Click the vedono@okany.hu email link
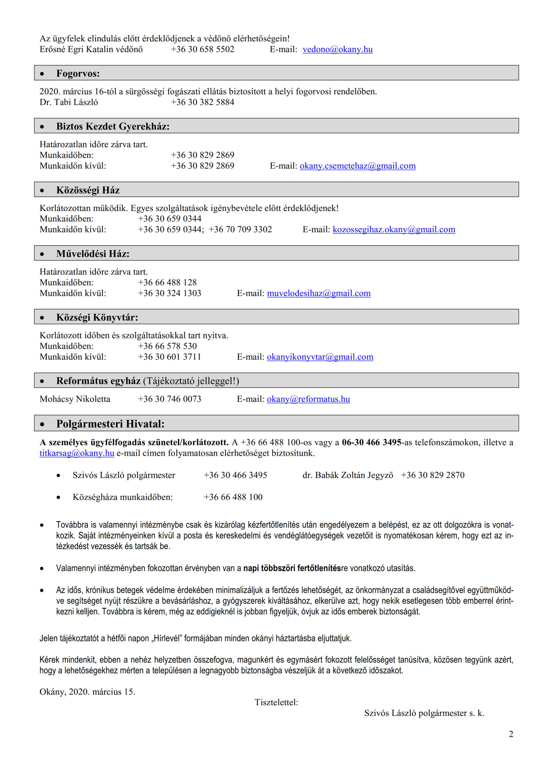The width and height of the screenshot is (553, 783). click(x=337, y=50)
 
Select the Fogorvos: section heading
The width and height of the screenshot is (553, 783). click(x=78, y=73)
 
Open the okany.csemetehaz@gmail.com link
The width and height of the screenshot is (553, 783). click(x=357, y=166)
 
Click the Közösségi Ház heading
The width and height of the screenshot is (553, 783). click(x=88, y=190)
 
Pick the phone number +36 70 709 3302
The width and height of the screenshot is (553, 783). click(x=240, y=229)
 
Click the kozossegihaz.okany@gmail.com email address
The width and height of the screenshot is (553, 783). click(x=394, y=229)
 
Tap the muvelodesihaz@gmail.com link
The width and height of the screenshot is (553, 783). click(x=319, y=293)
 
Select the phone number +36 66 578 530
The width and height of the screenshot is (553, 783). click(x=167, y=346)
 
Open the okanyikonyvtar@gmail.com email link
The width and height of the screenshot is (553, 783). click(x=320, y=357)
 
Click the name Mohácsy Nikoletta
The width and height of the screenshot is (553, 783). click(x=75, y=399)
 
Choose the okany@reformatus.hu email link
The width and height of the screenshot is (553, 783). click(x=308, y=399)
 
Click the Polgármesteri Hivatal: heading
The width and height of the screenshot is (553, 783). click(x=110, y=424)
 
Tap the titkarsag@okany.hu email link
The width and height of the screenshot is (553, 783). click(x=77, y=453)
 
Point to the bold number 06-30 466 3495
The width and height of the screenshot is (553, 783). click(x=372, y=442)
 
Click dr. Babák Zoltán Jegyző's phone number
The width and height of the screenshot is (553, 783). click(x=432, y=475)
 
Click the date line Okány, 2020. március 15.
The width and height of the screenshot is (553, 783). click(x=87, y=692)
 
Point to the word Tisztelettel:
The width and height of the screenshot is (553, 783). click(x=276, y=702)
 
